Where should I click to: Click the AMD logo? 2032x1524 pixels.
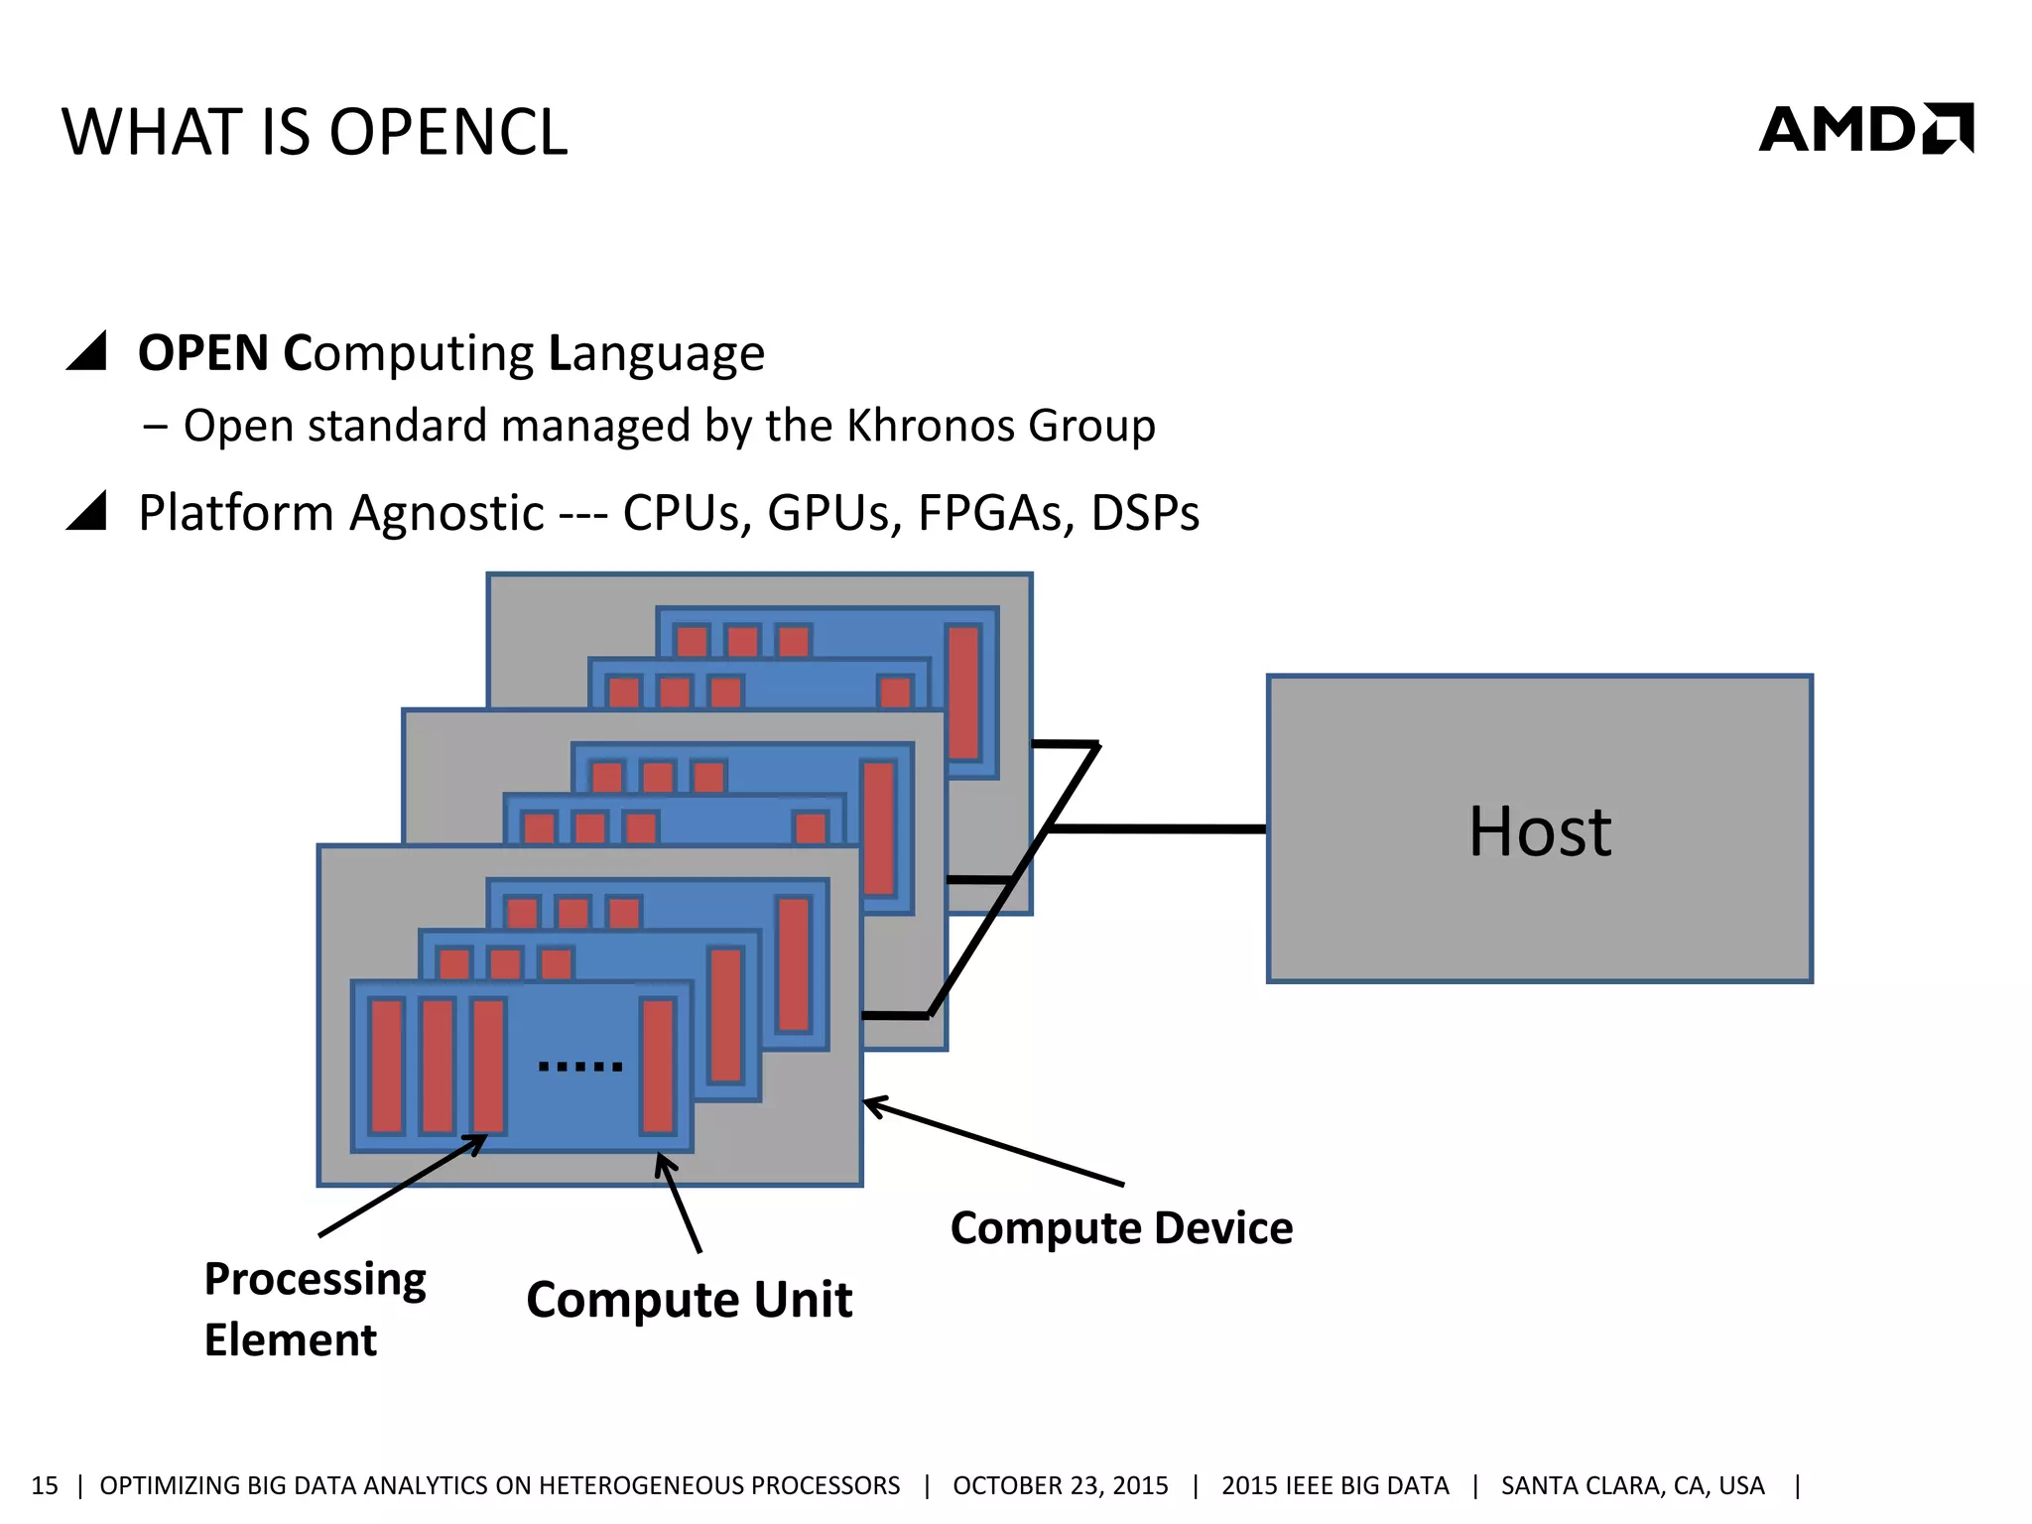[x=1865, y=129]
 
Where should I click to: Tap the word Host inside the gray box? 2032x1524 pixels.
[x=1539, y=831]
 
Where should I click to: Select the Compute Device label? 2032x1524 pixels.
[x=1121, y=1228]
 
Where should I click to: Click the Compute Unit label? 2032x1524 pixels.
[x=689, y=1300]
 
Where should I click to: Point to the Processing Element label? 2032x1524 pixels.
[x=314, y=1308]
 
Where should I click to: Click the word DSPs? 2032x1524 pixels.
[x=1145, y=513]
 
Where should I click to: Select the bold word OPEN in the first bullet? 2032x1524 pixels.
[x=203, y=353]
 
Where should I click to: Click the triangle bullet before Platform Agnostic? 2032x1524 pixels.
[x=87, y=511]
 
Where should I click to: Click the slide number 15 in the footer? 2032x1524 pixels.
[x=45, y=1485]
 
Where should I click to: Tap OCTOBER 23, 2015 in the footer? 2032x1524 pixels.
[x=1060, y=1485]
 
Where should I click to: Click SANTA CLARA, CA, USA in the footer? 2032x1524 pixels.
[x=1632, y=1485]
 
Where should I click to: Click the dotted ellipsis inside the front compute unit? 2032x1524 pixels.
[x=580, y=1067]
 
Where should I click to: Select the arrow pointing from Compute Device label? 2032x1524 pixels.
[x=992, y=1142]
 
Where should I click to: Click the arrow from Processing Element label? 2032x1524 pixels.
[x=402, y=1187]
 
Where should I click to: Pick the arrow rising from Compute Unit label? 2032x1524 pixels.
[x=680, y=1204]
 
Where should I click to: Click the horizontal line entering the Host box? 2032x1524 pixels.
[x=1156, y=828]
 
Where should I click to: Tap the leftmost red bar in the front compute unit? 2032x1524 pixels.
[x=387, y=1066]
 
